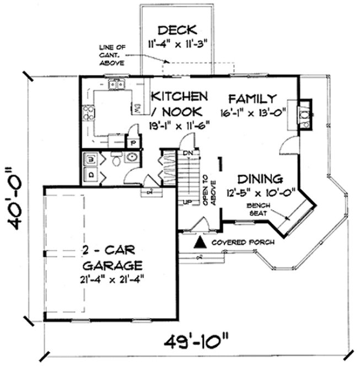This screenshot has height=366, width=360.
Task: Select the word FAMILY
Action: tap(252, 99)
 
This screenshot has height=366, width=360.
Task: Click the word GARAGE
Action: tap(106, 263)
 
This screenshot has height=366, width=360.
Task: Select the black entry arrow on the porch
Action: tap(201, 241)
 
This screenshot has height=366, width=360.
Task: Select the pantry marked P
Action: tap(132, 143)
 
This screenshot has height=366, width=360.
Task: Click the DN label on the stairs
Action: tap(187, 152)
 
